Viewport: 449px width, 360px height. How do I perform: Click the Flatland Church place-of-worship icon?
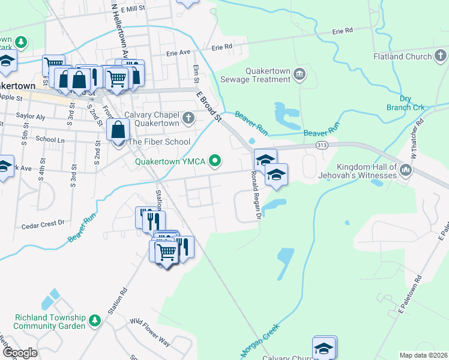tap(440, 57)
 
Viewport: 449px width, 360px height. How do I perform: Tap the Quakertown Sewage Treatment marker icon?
tap(299, 74)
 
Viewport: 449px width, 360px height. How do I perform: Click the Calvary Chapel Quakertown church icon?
tap(189, 118)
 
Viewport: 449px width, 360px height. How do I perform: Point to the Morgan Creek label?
tap(261, 340)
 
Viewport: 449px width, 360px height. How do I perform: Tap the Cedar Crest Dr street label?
tap(43, 223)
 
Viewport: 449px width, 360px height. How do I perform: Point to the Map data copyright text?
tap(423, 355)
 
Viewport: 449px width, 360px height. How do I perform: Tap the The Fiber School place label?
tap(158, 142)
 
